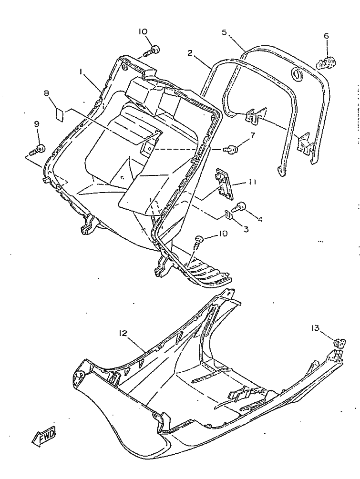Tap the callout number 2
click(190, 53)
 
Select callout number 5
click(225, 32)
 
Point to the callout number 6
click(326, 36)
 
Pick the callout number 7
click(252, 135)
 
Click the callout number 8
click(46, 93)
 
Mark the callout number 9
click(36, 124)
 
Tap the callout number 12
click(123, 333)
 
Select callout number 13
click(315, 328)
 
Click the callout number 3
click(246, 229)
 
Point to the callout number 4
click(260, 219)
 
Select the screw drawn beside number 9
click(38, 150)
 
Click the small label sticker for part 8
click(59, 114)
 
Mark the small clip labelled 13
click(339, 343)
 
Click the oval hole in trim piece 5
click(298, 74)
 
